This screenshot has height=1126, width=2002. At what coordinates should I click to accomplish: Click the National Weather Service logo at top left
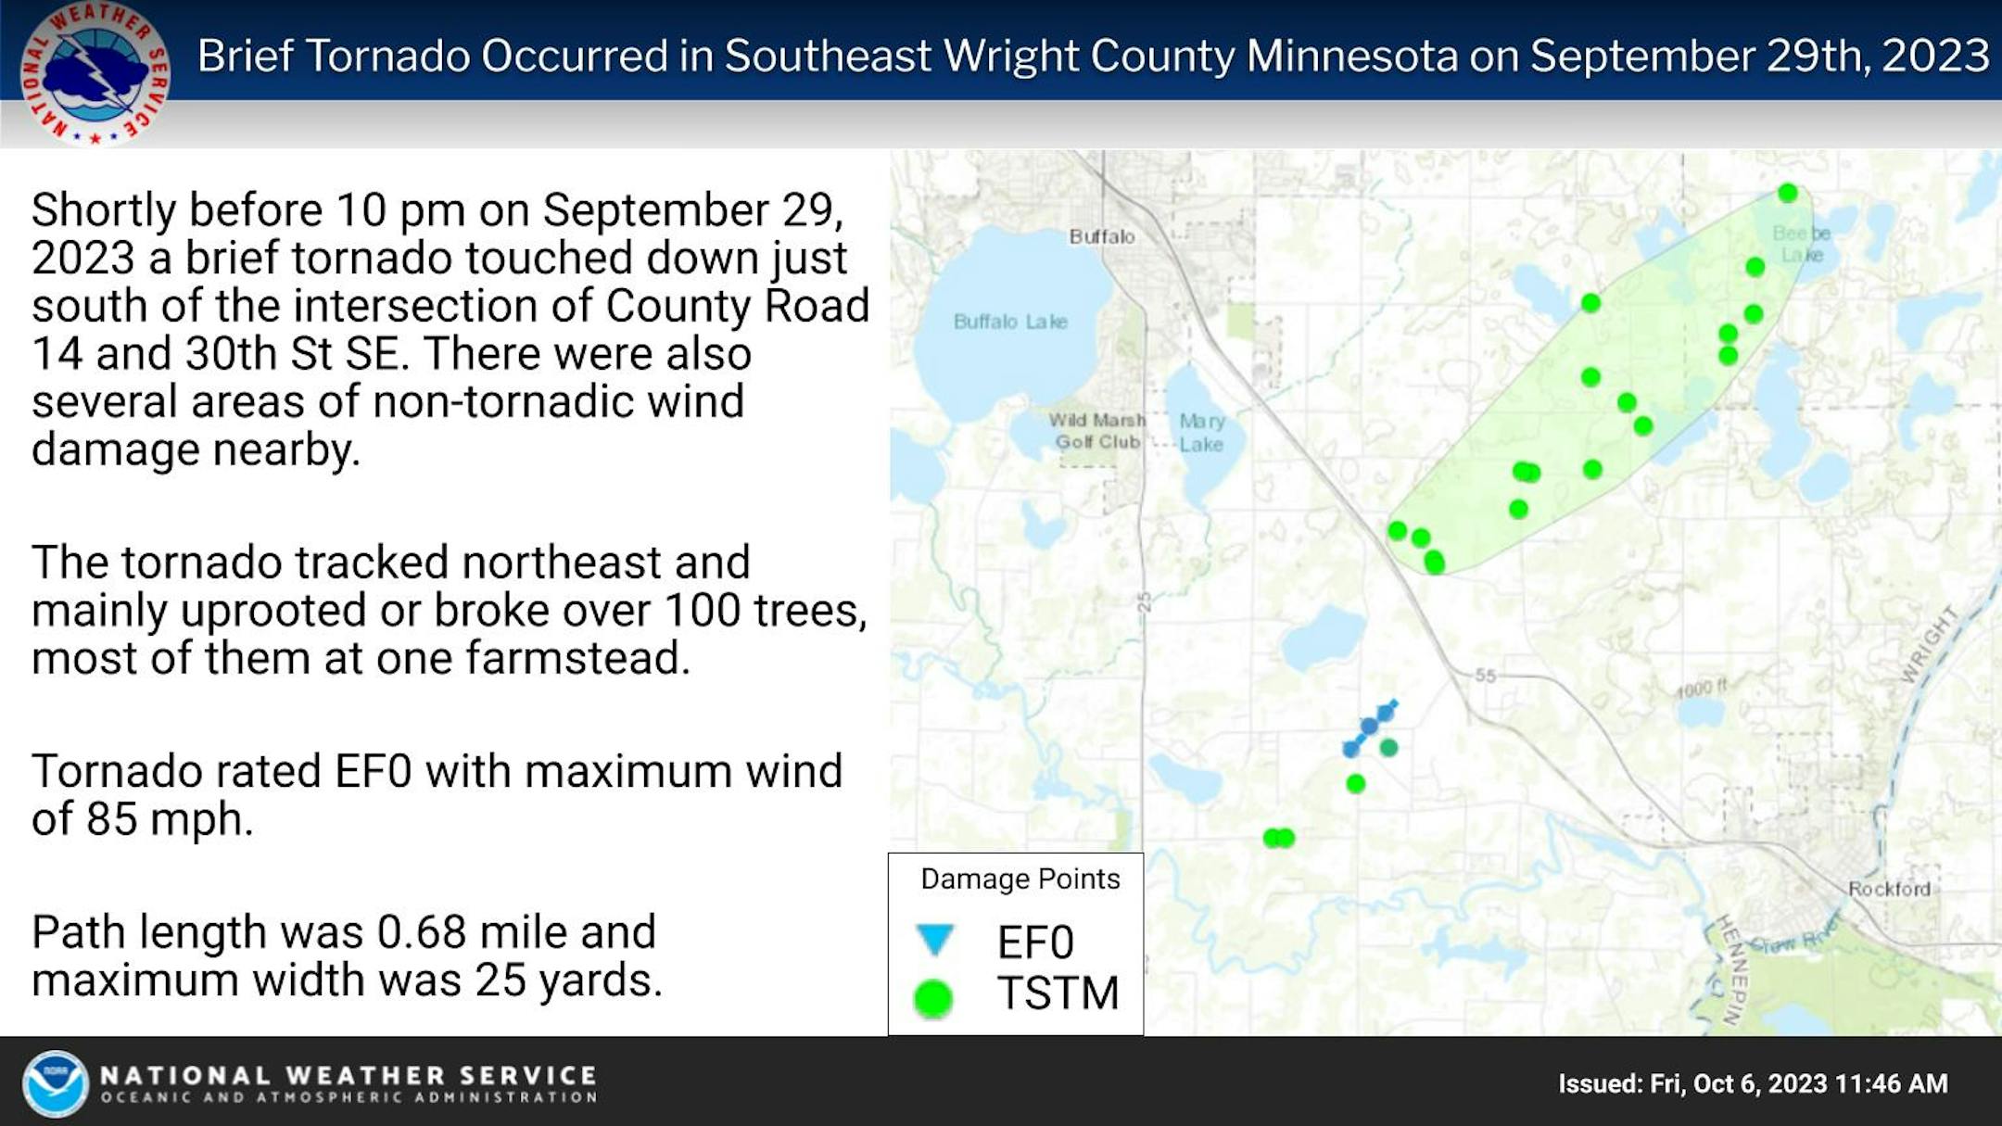click(95, 73)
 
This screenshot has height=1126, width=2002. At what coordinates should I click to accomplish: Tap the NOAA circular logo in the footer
click(55, 1083)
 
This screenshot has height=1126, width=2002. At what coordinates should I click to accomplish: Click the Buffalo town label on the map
click(1102, 236)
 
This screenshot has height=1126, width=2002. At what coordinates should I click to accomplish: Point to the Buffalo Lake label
click(1010, 322)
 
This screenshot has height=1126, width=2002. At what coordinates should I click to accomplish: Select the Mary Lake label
click(1201, 433)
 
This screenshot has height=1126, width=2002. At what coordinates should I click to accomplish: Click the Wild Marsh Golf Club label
click(1097, 431)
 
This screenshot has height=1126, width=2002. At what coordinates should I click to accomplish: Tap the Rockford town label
click(1889, 889)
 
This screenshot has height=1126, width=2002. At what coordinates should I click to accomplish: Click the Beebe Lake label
click(1802, 244)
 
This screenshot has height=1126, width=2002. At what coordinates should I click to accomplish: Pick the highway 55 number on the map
click(1486, 676)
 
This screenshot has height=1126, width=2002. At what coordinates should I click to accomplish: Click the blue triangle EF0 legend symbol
click(934, 940)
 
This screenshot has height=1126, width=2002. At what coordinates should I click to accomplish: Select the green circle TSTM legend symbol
click(932, 999)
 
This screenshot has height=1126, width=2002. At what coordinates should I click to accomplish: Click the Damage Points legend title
click(1020, 879)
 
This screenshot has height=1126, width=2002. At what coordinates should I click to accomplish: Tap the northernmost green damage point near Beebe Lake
click(1788, 193)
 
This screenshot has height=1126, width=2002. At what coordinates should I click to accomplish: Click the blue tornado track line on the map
click(1370, 727)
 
